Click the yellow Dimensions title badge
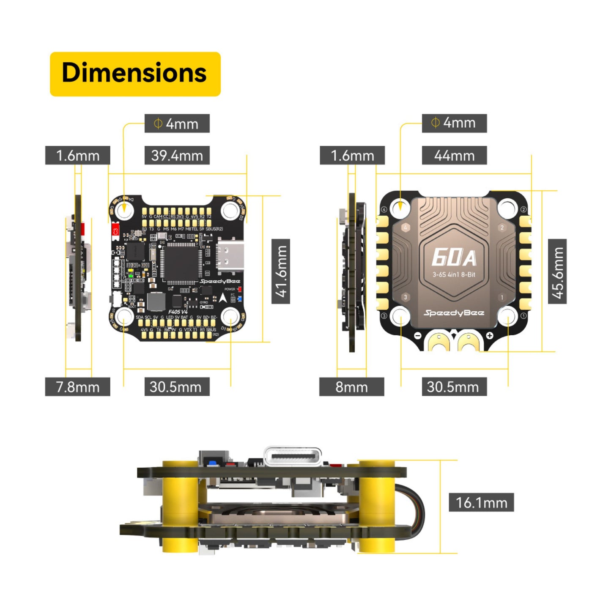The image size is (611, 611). coord(135,74)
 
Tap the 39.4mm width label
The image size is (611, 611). coord(177,155)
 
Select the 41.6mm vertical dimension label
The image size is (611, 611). coord(280,271)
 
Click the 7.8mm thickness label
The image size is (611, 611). coord(77,386)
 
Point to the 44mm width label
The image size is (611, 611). coord(454,155)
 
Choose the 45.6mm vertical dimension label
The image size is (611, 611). coord(557,271)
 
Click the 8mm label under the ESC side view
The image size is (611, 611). coord(351,386)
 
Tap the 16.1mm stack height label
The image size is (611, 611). coord(481,502)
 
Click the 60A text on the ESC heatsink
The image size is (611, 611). coord(454,257)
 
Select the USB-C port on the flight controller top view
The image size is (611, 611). coord(230,255)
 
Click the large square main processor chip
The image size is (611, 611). coord(181,263)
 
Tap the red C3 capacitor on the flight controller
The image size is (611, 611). coord(115,231)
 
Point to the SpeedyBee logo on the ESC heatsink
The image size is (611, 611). coord(454,313)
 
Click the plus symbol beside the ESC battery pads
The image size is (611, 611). coord(490,336)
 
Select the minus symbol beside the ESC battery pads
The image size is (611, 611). coord(417,336)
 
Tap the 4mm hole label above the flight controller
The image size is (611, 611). coord(177,123)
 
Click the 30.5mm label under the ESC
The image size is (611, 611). coord(454,386)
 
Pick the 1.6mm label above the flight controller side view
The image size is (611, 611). coord(77,155)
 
